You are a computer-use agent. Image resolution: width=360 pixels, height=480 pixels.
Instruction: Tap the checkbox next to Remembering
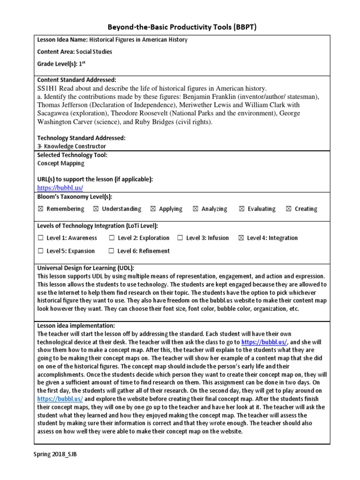[x=40, y=209]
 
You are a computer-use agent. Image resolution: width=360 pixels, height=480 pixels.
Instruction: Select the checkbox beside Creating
[x=288, y=209]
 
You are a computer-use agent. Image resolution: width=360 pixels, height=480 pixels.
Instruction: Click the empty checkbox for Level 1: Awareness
[x=40, y=238]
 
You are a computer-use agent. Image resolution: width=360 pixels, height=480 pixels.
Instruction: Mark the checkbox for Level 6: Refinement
[x=112, y=251]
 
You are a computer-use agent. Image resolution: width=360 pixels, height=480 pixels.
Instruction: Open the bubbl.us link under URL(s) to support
[x=60, y=188]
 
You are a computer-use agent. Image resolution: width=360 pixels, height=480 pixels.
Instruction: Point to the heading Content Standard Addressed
[x=76, y=80]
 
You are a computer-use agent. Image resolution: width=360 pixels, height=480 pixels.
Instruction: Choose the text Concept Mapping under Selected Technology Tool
[x=61, y=164]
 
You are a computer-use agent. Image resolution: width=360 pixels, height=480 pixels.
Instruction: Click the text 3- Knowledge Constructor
[x=71, y=146]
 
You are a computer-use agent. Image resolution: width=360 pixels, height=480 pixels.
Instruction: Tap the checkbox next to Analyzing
[x=195, y=209]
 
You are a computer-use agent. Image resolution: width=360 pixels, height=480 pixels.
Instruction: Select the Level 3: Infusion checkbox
[x=180, y=238]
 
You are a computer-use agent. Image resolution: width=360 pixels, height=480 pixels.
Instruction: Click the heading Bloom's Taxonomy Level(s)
[x=75, y=197]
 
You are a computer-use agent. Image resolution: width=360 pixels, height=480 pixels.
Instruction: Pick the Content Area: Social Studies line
[x=75, y=52]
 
